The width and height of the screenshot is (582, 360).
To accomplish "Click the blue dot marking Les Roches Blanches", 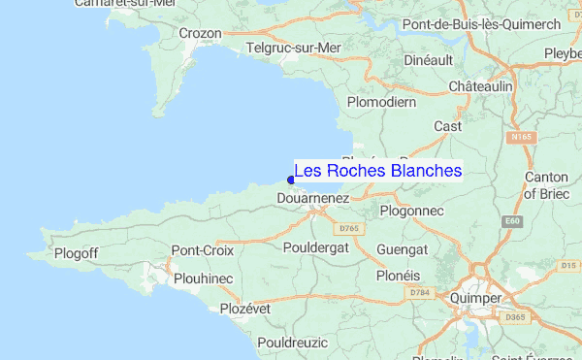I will coord(291,179).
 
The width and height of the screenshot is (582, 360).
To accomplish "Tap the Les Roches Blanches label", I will coord(378,171).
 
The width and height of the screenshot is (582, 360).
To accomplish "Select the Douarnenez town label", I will coord(312,197).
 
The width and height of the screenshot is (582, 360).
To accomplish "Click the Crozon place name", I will coord(201,33).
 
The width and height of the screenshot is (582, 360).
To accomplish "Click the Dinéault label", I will coord(428,60).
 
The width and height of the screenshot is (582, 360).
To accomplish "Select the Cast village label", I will coord(447,126).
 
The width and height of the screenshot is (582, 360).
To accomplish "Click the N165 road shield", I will coord(522,138).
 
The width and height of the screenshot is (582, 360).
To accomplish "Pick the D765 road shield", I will coord(349,228).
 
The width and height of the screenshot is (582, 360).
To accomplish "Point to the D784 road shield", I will coord(419,292).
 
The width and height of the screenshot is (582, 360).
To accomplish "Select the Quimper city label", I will coord(475,298).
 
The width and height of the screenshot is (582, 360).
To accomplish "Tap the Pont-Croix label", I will coord(199,250).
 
